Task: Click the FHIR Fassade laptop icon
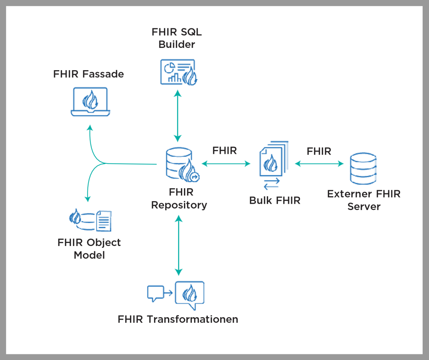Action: pos(90,101)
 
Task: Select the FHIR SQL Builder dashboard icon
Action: pos(178,72)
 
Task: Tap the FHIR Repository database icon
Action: pos(181,165)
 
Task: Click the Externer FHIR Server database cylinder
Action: pos(363,169)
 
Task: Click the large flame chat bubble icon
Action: pos(190,294)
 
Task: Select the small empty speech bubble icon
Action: pos(155,293)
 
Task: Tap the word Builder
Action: pos(177,44)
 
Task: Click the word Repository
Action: pos(179,205)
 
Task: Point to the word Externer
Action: pos(349,194)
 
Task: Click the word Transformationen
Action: pos(192,319)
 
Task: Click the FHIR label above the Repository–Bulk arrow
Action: pos(224,151)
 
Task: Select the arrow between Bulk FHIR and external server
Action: pos(319,164)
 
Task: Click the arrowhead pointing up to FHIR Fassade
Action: pos(89,128)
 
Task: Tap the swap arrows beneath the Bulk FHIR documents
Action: pos(272,184)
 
